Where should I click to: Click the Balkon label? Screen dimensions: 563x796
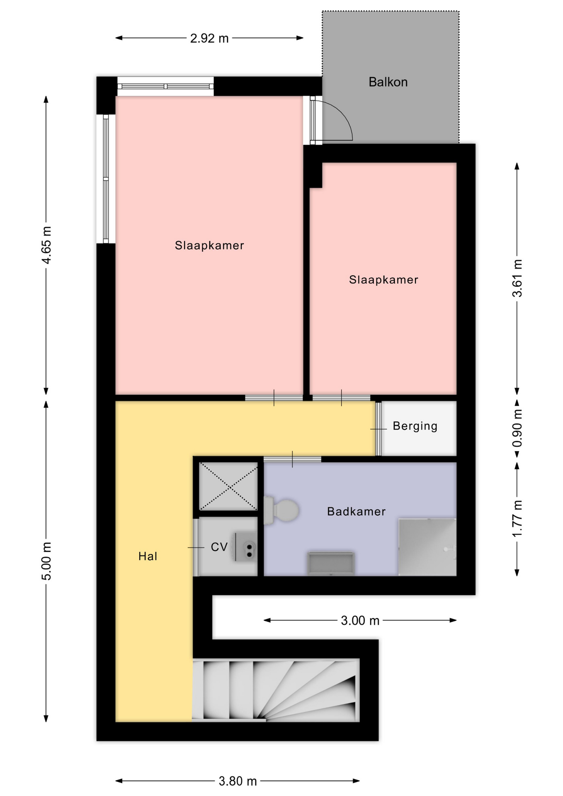[388, 82]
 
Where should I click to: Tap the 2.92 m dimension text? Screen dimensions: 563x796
[209, 39]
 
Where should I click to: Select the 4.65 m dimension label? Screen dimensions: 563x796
[46, 245]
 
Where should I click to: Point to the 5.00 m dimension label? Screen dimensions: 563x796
[46, 561]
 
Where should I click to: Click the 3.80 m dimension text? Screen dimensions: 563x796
[238, 781]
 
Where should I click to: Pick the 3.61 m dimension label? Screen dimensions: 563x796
[517, 278]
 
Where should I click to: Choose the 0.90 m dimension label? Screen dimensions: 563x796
[517, 428]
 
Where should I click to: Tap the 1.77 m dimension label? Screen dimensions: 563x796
[517, 519]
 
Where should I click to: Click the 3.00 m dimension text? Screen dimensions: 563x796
[360, 621]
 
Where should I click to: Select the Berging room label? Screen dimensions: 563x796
[415, 426]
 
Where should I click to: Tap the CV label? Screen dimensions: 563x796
[219, 547]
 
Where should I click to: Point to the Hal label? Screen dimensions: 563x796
[148, 556]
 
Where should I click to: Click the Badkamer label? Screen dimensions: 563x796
[357, 512]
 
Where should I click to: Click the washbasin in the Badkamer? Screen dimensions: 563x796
[330, 563]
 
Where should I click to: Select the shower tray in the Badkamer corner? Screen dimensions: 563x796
[427, 547]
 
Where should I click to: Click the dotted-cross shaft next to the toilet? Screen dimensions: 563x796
[228, 486]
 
